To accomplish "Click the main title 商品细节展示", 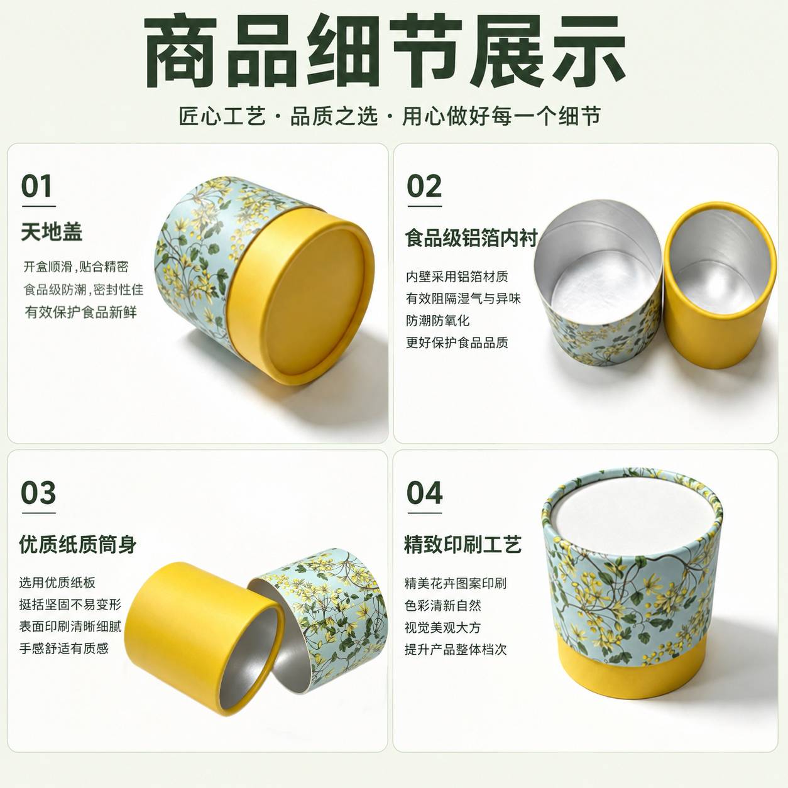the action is coord(385,50).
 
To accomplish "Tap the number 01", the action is coord(37,186).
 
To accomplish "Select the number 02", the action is coord(424,186).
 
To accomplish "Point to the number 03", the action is coord(38,493).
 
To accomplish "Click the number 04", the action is coord(424,493).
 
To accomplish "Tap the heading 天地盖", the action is coord(52,232).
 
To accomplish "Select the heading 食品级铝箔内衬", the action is coord(471,238).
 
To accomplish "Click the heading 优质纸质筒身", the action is coord(78,544).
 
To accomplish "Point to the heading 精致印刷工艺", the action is coord(463,544).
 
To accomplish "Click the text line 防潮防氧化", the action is coord(437,320).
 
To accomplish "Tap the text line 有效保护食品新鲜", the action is coord(80,312).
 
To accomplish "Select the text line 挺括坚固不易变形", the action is coord(70,605).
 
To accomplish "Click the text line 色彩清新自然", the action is coord(443,605).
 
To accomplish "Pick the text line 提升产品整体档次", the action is coord(456,649).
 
